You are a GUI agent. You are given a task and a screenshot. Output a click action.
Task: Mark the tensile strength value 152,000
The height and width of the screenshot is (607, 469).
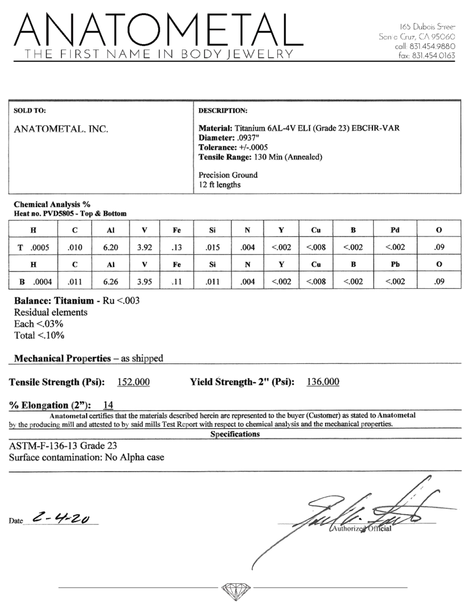pos(134,382)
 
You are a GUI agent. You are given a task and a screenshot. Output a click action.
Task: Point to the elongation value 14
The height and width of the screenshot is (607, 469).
pos(108,404)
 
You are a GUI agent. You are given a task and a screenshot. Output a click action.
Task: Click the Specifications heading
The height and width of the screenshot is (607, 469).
pos(234,434)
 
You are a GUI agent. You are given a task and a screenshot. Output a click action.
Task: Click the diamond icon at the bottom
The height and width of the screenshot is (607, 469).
pos(234,590)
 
